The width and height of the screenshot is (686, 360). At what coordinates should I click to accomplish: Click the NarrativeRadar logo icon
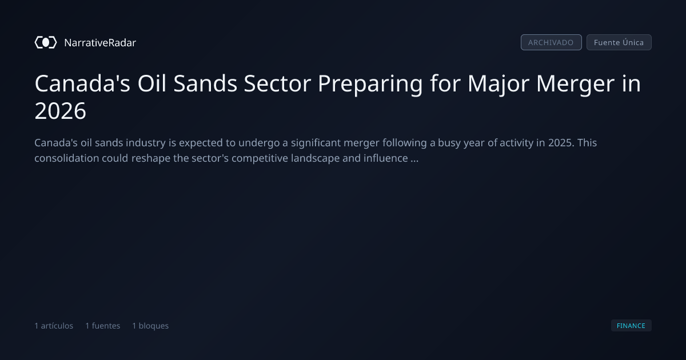[46, 42]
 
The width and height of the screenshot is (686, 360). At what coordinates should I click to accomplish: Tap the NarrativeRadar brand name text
[100, 42]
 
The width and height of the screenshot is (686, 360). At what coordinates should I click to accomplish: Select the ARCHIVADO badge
[551, 42]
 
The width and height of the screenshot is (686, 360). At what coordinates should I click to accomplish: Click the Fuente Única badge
[619, 42]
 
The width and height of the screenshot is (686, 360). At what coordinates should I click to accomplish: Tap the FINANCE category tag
[631, 325]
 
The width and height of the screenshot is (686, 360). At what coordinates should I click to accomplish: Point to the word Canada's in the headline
[82, 83]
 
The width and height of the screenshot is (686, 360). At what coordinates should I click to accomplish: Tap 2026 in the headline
[61, 111]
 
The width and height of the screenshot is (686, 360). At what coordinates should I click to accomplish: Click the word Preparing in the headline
[370, 84]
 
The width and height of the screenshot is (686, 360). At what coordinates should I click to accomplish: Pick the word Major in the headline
[498, 84]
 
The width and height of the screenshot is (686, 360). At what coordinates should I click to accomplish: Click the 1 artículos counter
[54, 326]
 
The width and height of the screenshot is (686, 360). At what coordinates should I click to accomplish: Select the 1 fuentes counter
[103, 326]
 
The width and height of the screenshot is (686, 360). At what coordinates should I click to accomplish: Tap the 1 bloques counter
[150, 326]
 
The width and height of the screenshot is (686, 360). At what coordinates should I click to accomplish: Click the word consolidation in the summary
[67, 158]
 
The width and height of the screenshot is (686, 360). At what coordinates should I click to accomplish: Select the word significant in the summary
[316, 143]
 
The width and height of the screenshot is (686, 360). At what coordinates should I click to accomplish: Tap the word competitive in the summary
[260, 159]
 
